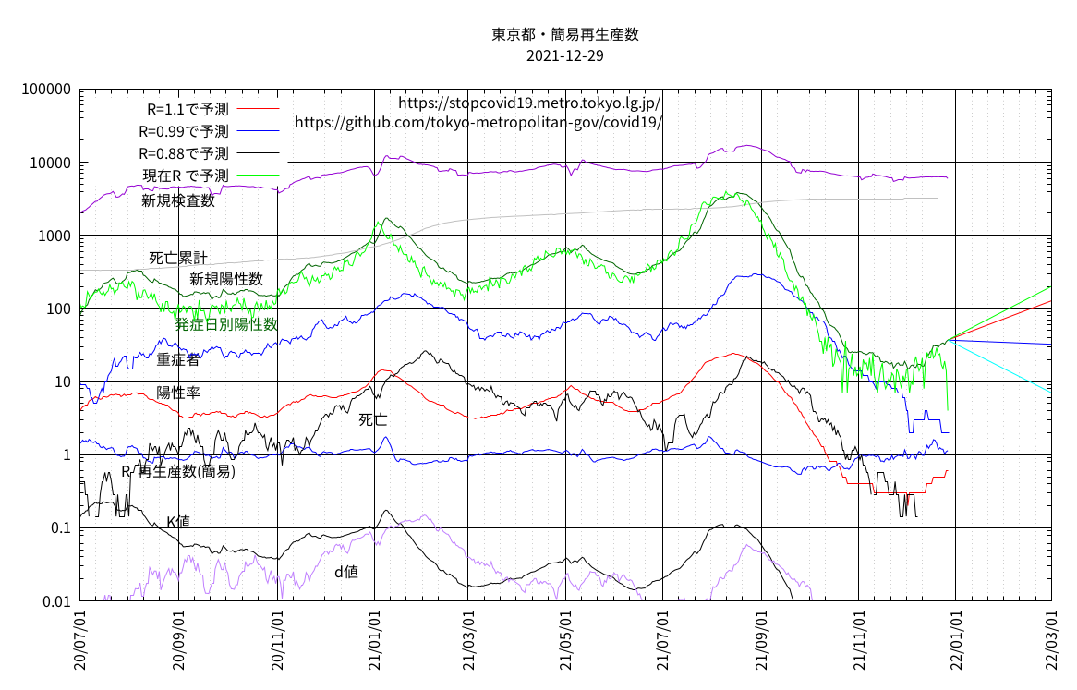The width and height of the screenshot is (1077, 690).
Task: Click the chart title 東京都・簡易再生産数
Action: tap(565, 35)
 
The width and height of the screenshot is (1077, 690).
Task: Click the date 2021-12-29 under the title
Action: tap(565, 56)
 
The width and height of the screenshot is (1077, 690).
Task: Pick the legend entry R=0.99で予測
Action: tap(184, 131)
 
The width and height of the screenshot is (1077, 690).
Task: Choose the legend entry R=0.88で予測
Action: tap(184, 153)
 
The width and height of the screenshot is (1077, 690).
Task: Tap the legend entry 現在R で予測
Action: tap(186, 176)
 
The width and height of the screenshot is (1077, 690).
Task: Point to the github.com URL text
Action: tap(478, 122)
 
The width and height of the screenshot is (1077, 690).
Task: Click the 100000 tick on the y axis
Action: tap(45, 90)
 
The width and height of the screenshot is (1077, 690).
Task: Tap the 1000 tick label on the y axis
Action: tap(54, 236)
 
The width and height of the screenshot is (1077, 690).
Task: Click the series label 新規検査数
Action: tap(178, 200)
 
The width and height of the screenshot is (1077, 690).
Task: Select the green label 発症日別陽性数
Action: tap(227, 324)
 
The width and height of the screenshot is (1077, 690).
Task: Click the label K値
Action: tap(178, 522)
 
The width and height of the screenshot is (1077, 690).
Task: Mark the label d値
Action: tap(346, 573)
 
